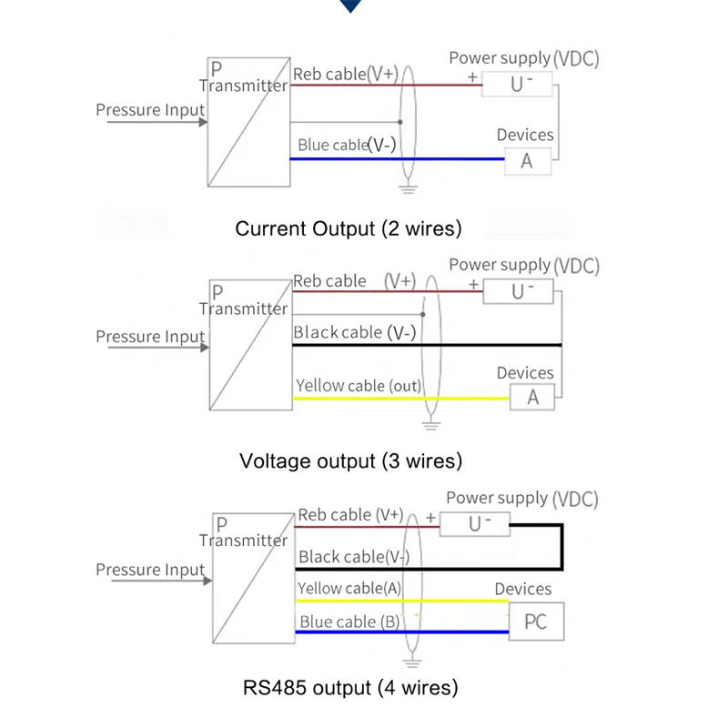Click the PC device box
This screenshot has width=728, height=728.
(536, 622)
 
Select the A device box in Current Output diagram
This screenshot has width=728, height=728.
(528, 161)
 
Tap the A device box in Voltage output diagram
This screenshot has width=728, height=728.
(532, 397)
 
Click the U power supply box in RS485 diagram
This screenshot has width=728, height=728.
(474, 524)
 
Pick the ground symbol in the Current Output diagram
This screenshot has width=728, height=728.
(408, 189)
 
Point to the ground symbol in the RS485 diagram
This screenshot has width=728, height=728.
(412, 663)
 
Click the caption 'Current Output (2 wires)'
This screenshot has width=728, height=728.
(349, 228)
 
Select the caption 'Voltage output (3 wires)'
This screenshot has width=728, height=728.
(350, 461)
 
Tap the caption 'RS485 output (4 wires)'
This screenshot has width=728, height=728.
(350, 688)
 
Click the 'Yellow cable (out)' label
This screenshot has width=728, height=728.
(359, 386)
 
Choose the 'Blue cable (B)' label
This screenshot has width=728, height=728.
(349, 622)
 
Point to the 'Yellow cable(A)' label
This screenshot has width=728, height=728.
(349, 588)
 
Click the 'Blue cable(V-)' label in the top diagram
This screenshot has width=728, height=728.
(347, 145)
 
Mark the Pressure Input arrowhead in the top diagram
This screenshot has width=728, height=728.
(203, 122)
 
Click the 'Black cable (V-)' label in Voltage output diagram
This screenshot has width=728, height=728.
(354, 332)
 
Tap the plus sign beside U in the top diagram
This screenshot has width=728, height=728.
(472, 76)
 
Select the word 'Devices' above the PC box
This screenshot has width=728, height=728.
(522, 589)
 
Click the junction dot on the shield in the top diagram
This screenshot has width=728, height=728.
(400, 122)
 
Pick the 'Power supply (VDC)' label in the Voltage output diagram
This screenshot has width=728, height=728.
(524, 266)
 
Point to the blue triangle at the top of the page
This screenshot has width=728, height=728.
(350, 5)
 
